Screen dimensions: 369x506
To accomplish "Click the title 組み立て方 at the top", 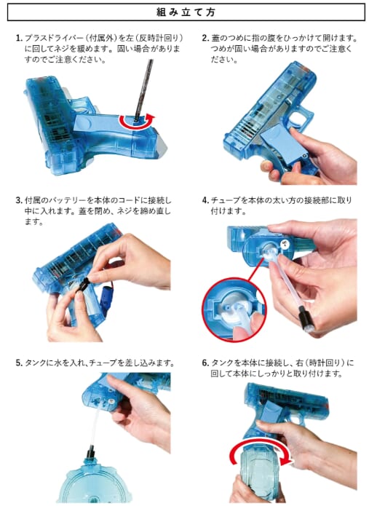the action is pos(186,12).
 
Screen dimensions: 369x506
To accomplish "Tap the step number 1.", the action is pos(19,38).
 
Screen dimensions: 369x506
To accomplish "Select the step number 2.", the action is pos(205,38).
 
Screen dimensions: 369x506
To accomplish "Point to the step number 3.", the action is pos(19,200).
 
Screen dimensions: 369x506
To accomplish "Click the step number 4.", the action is pos(205,200).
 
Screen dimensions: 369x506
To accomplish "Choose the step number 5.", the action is pos(19,363).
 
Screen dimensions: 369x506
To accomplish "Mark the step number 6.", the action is pos(205,363).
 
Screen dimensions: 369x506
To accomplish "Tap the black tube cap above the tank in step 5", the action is pos(90,452).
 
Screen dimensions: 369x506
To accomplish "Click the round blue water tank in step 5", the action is pos(97,484).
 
